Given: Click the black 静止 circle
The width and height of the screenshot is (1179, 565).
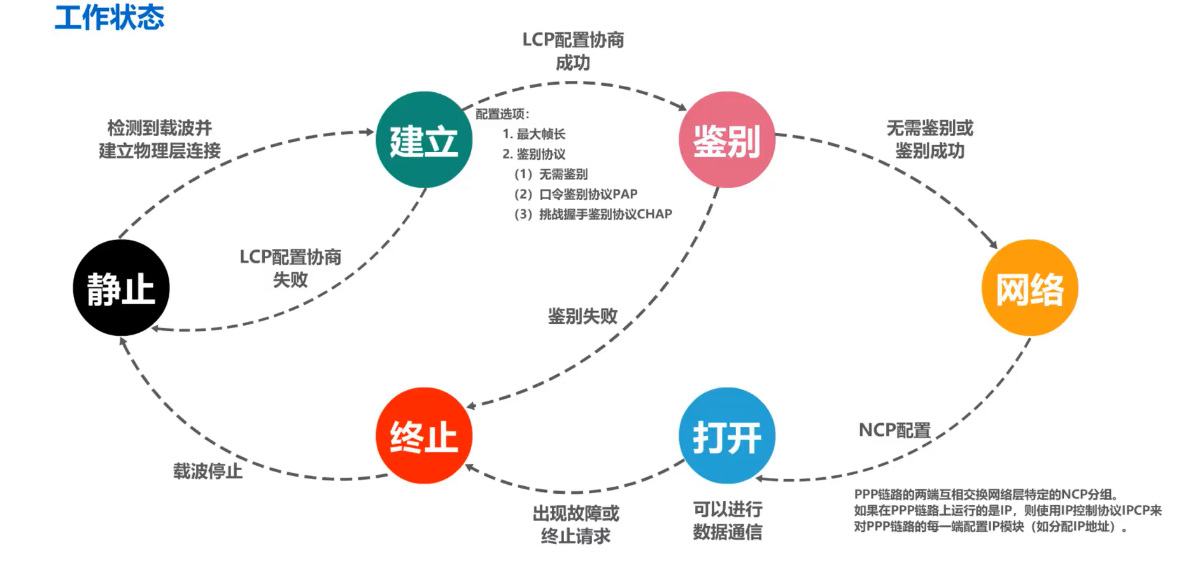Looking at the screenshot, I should pos(121,288).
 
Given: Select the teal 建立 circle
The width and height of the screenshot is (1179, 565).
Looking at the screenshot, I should pos(423,140).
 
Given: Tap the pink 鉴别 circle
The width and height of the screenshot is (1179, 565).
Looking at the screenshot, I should pos(727,140).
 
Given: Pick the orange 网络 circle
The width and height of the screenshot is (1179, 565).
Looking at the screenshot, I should pos(1029,288).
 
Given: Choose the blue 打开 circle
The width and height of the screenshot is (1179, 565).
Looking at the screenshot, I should pos(727,436).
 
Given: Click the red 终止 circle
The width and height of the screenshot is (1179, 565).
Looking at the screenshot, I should pos(423,436).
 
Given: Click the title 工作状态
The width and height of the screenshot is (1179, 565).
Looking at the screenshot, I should pos(109,17).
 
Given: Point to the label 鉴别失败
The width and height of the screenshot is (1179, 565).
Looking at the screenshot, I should pos(582,316).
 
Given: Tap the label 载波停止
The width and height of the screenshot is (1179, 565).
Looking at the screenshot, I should pos(208,471).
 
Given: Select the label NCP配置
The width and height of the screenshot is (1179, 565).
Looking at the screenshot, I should pos(894,430).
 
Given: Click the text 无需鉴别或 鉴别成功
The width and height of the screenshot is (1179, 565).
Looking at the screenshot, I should pos(930,139).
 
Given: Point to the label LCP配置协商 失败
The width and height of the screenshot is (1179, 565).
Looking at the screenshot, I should pos(290,268).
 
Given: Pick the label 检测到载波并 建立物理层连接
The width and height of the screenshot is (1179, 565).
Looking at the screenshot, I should pos(160,139).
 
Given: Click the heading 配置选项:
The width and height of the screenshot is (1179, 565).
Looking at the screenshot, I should pos(503,114).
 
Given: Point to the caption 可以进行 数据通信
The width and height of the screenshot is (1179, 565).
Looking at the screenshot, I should pos(727,520).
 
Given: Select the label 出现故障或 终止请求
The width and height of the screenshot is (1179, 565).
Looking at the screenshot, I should pos(575,524).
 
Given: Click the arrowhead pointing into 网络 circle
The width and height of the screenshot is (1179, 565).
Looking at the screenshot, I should pos(993,244).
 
